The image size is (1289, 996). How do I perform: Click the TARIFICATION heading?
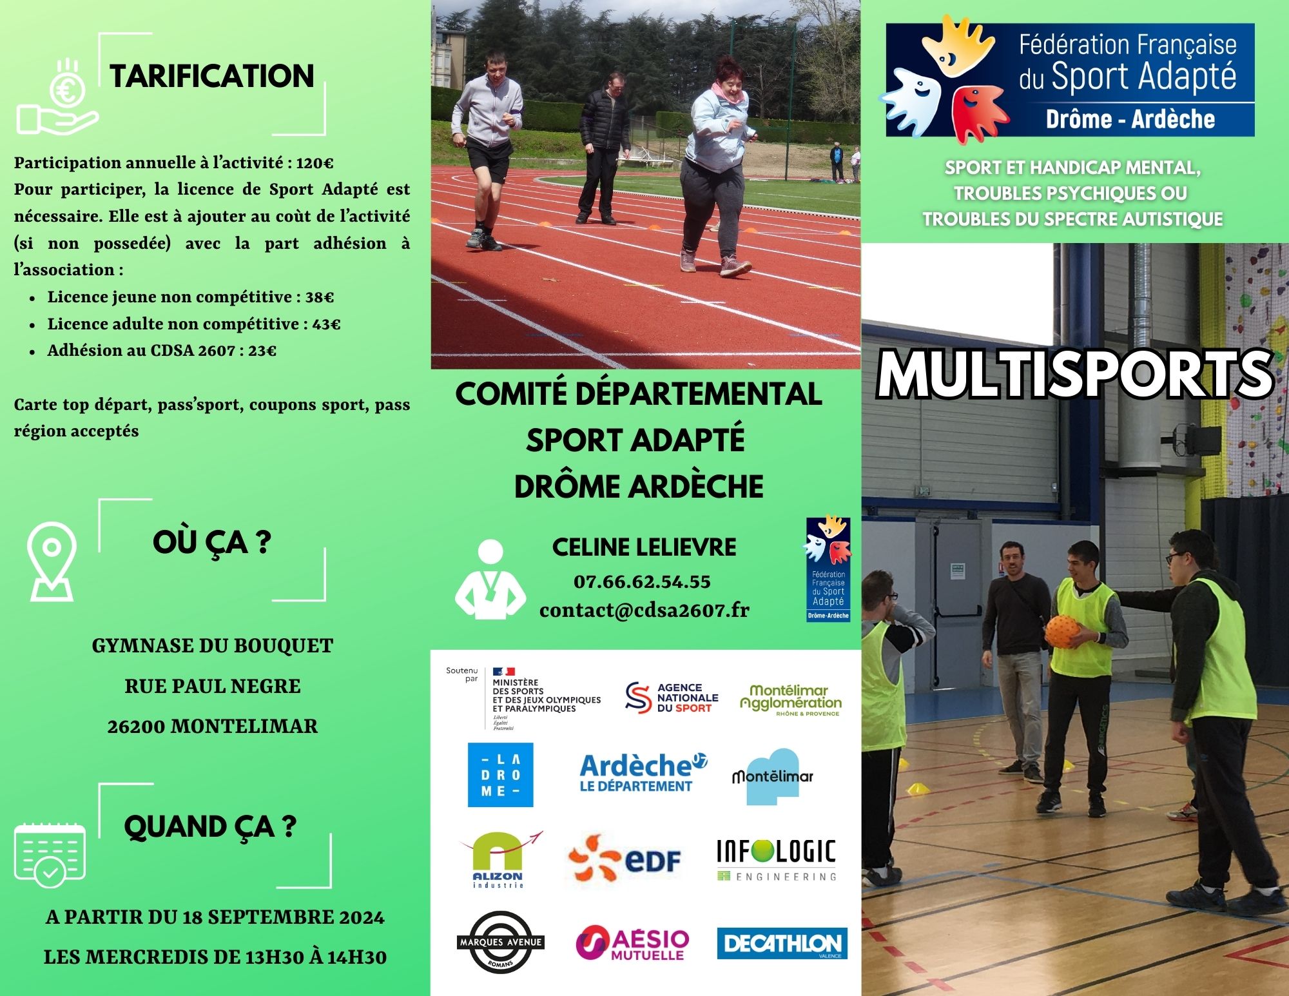(212, 76)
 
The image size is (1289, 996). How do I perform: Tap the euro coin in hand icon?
(57, 97)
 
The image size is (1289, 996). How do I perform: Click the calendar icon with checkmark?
(50, 855)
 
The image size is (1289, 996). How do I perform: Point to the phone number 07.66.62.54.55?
(642, 581)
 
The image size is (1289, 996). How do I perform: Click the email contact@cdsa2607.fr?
(644, 610)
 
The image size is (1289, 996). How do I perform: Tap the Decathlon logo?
(782, 944)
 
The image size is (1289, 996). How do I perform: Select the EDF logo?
(625, 859)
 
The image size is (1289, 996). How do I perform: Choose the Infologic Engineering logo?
(777, 860)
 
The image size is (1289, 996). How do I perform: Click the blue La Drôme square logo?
(501, 775)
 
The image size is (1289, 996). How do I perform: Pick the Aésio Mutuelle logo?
(632, 944)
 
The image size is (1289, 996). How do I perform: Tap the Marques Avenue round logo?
(501, 942)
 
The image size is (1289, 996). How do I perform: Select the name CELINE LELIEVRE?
(644, 547)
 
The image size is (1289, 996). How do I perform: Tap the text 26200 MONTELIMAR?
(213, 727)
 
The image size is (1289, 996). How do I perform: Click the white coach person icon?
(490, 580)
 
